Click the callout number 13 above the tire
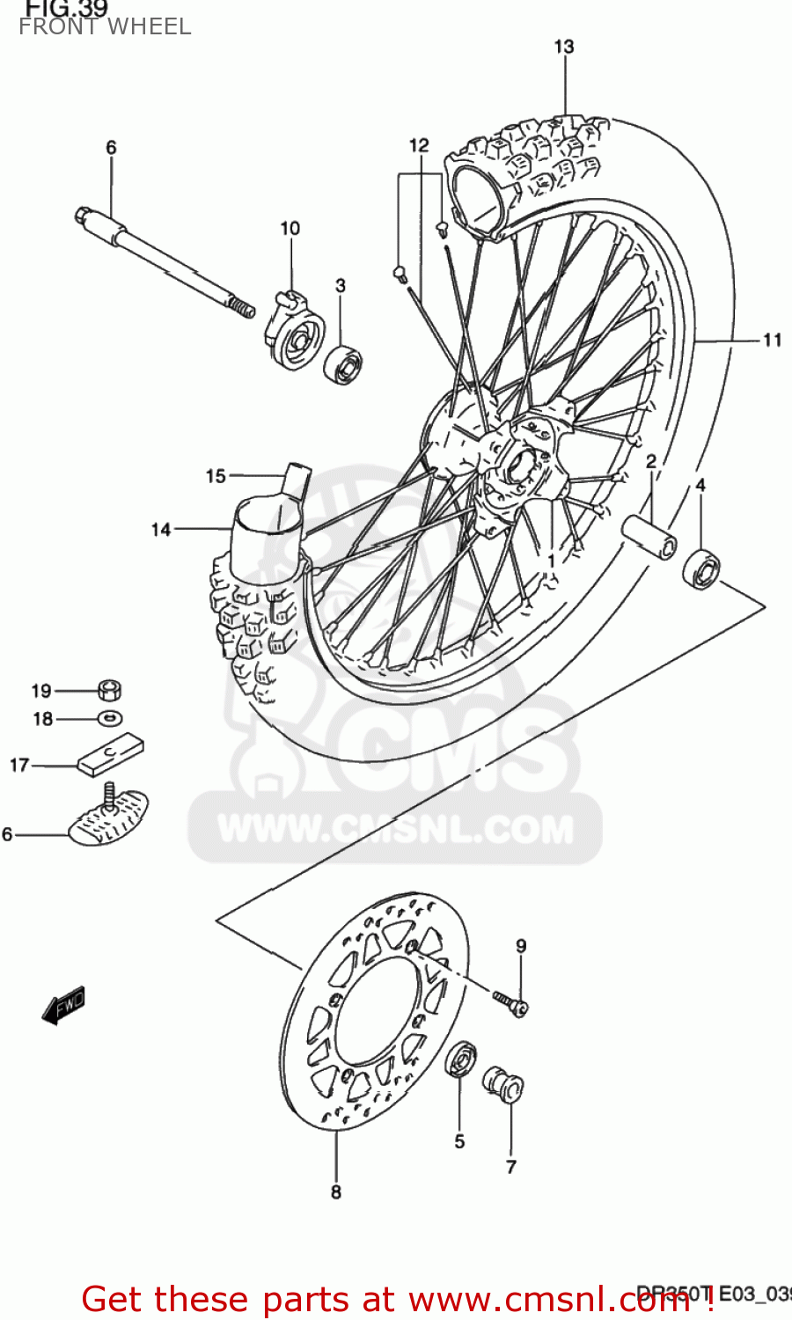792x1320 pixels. [x=563, y=47]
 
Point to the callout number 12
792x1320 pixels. [x=419, y=145]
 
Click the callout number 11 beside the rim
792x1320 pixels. [x=772, y=340]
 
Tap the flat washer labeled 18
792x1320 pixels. [x=109, y=718]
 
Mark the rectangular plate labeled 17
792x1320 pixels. [x=111, y=756]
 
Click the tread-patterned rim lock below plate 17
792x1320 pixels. [x=110, y=818]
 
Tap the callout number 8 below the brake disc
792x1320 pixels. [x=335, y=1192]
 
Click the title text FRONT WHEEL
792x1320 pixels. [x=105, y=27]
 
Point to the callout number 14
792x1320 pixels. [x=160, y=529]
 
